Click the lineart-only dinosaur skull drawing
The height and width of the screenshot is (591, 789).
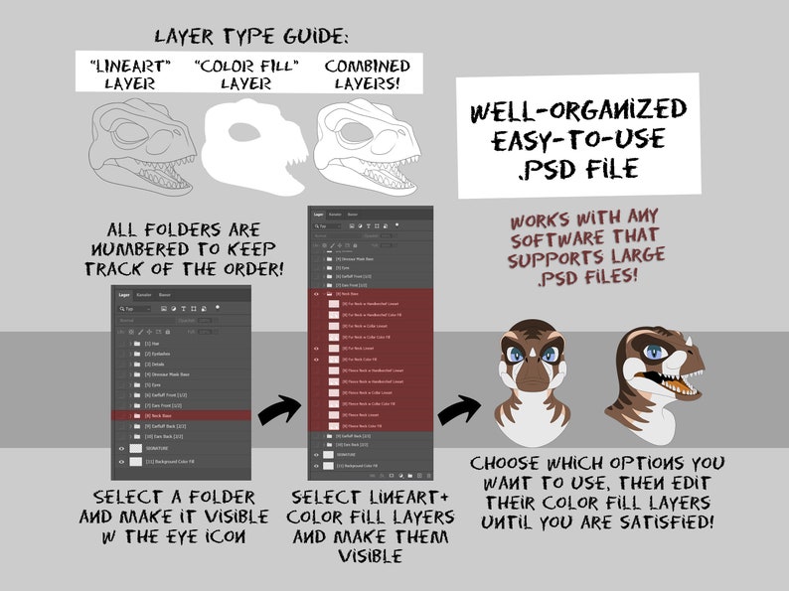click(x=144, y=149)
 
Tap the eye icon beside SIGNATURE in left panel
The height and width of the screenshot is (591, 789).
click(x=122, y=449)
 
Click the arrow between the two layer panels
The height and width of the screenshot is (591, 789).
click(x=280, y=407)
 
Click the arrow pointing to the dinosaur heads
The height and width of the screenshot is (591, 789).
click(x=460, y=408)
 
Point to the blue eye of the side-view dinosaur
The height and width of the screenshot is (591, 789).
click(x=654, y=351)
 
